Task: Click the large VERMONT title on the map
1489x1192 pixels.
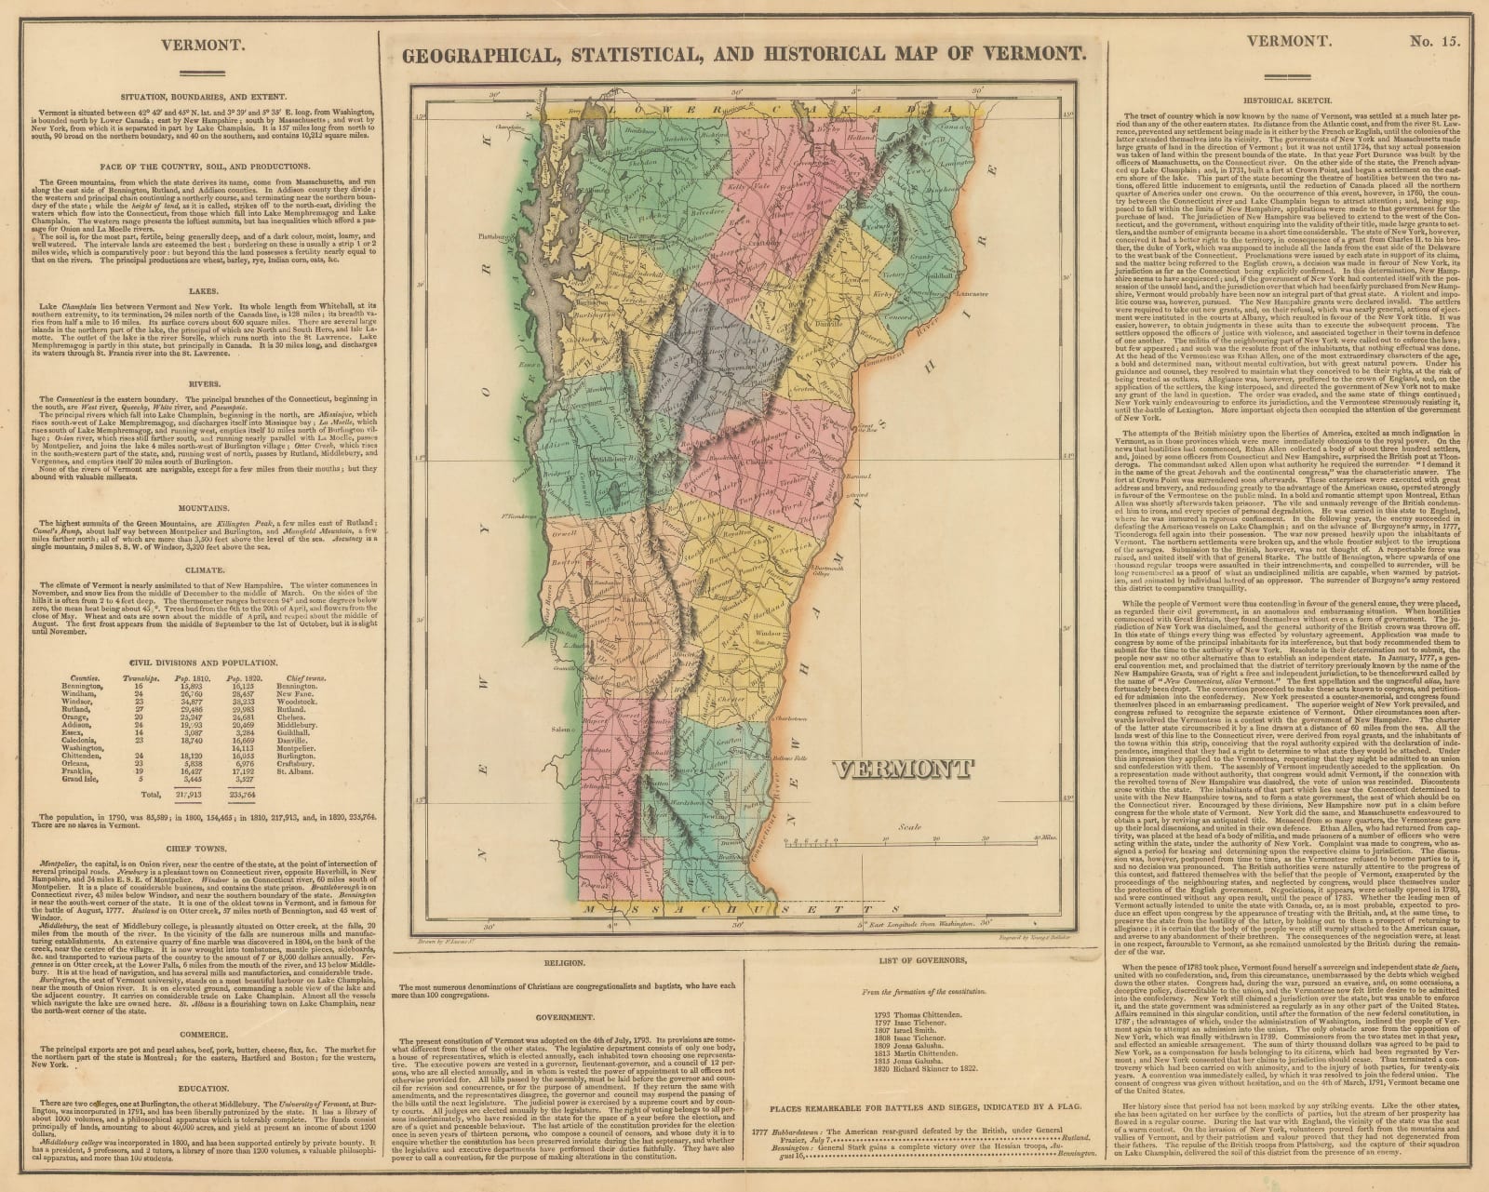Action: point(902,770)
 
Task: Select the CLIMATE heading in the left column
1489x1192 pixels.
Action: point(203,570)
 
